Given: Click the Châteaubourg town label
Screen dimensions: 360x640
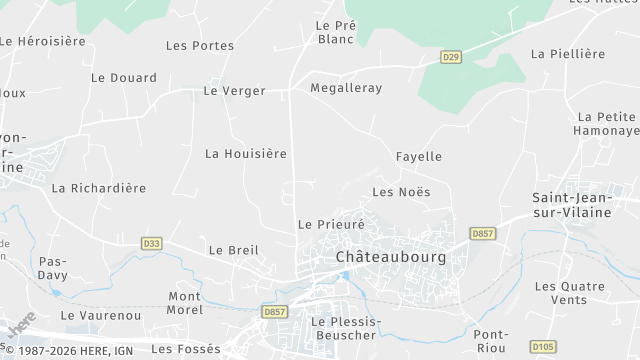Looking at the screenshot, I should pos(383,257).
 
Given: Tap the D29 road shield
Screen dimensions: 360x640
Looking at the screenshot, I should pos(452,58).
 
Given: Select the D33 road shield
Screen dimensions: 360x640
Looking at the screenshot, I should pos(151,243).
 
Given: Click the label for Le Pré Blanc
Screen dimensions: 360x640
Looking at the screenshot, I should pos(335,32).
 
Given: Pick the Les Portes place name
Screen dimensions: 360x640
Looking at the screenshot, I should pos(200,45).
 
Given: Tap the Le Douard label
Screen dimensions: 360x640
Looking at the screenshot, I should pos(124,77).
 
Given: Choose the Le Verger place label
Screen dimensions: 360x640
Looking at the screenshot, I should pos(234,90).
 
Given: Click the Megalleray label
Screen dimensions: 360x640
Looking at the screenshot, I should pos(346,88).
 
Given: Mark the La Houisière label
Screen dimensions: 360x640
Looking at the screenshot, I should pos(246,153).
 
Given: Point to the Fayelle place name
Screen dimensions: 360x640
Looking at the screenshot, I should pos(418,156).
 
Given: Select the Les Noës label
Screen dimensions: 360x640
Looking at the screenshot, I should pos(400,191).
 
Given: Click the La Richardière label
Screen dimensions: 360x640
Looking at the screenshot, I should pos(99,187).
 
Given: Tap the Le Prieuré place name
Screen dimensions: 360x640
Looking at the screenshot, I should pos(332,224).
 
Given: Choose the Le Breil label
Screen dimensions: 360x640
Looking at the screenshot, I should pos(233,250).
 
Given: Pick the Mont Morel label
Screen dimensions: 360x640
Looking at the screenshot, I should pos(184,303).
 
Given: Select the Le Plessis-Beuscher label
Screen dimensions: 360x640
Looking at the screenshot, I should pos(343,328).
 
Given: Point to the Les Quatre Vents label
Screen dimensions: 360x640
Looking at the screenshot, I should pos(570,293).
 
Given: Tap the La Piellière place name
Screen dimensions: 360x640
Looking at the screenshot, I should pos(568,53).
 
